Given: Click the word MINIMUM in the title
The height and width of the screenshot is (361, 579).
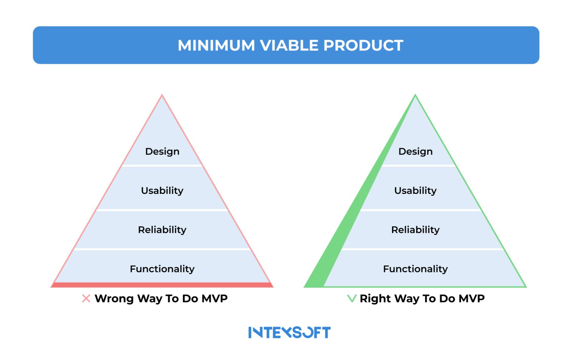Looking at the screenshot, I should click(216, 45).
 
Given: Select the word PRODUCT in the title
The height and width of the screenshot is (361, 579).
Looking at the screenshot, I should click(363, 45).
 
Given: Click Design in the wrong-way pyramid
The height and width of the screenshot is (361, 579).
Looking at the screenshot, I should click(162, 151).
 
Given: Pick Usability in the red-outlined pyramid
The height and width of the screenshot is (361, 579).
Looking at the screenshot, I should click(162, 190).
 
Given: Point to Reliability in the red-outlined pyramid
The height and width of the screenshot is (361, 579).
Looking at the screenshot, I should click(162, 230).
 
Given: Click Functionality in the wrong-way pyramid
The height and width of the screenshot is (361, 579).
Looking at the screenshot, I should click(162, 269).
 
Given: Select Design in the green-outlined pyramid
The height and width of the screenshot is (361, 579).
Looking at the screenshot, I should click(415, 151).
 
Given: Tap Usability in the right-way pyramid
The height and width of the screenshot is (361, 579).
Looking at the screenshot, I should click(415, 190).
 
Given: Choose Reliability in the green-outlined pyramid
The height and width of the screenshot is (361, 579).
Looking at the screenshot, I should click(415, 230).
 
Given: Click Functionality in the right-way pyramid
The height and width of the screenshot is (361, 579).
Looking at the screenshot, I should click(415, 269).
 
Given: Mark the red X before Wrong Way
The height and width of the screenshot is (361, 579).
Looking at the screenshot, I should click(86, 298).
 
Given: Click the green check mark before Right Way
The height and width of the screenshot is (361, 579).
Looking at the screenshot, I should click(351, 298).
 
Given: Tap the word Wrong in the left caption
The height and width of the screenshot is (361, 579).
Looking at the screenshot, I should click(114, 298).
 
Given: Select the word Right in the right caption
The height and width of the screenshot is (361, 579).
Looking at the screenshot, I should click(375, 298).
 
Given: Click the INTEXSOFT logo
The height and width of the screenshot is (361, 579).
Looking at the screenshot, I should click(289, 332).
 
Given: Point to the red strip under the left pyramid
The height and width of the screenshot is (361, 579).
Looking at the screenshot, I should click(162, 285).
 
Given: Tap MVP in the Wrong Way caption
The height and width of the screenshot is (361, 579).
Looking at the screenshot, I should click(214, 298).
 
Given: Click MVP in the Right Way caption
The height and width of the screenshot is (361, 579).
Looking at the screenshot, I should click(472, 298).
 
